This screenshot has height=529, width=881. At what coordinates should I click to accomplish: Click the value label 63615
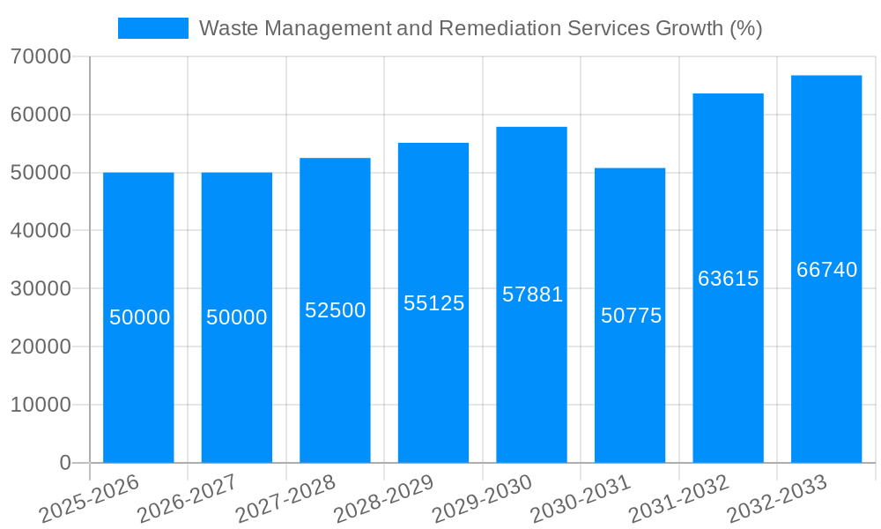tap(728, 279)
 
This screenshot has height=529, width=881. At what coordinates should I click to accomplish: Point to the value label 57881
tap(532, 294)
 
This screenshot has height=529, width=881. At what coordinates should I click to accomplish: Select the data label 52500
tap(335, 310)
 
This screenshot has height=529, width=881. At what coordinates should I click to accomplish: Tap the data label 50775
tap(631, 316)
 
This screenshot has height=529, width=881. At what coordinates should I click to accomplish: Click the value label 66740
tap(826, 270)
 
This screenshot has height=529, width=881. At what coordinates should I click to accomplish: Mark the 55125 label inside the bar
tap(433, 303)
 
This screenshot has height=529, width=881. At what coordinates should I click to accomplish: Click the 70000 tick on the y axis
tap(41, 56)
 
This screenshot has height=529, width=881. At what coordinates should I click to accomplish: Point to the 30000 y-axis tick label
tap(41, 289)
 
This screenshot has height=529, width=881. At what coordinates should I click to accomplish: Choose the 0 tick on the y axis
tap(64, 463)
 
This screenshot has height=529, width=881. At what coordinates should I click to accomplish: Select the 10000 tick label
tap(41, 406)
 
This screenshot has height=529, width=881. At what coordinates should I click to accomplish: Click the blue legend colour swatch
tap(153, 28)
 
